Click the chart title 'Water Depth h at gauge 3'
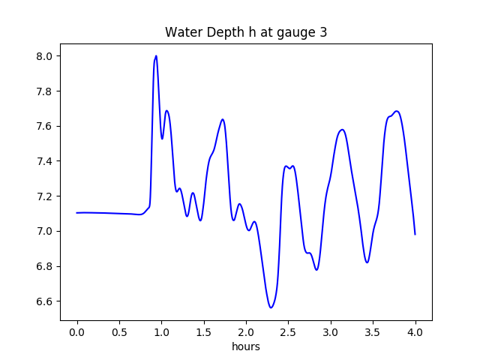tap(246, 33)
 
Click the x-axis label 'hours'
tap(246, 347)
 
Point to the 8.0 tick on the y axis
tap(45, 56)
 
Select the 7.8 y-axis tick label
tap(45, 91)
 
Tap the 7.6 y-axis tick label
tap(45, 126)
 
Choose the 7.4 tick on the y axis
tap(45, 161)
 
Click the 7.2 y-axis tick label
tap(45, 196)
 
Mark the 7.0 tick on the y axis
tap(45, 231)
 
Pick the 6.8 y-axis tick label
tap(45, 266)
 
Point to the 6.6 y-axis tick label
tap(45, 301)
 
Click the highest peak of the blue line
tap(156, 55)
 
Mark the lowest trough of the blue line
tap(271, 307)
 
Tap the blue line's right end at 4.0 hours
tap(415, 234)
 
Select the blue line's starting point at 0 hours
tap(77, 213)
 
